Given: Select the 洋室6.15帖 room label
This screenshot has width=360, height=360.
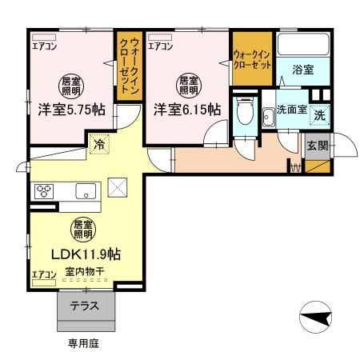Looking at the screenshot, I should tap(187, 111).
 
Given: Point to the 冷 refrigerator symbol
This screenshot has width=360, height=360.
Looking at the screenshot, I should tap(98, 146).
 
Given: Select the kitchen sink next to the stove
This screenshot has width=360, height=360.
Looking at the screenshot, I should tap(85, 191).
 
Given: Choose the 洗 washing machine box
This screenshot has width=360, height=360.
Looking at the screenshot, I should tap(319, 114).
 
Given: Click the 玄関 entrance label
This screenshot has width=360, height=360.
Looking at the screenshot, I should tap(315, 145).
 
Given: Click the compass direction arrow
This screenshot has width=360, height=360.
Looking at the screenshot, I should tap(318, 321).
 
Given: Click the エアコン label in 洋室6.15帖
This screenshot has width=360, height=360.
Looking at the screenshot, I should tap(160, 46).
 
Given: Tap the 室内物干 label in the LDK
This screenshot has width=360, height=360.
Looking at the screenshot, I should tap(79, 274).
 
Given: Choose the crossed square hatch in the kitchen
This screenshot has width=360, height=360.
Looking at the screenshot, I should tap(118, 187).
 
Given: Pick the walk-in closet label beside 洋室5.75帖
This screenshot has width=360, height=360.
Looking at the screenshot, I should tap(129, 67).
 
